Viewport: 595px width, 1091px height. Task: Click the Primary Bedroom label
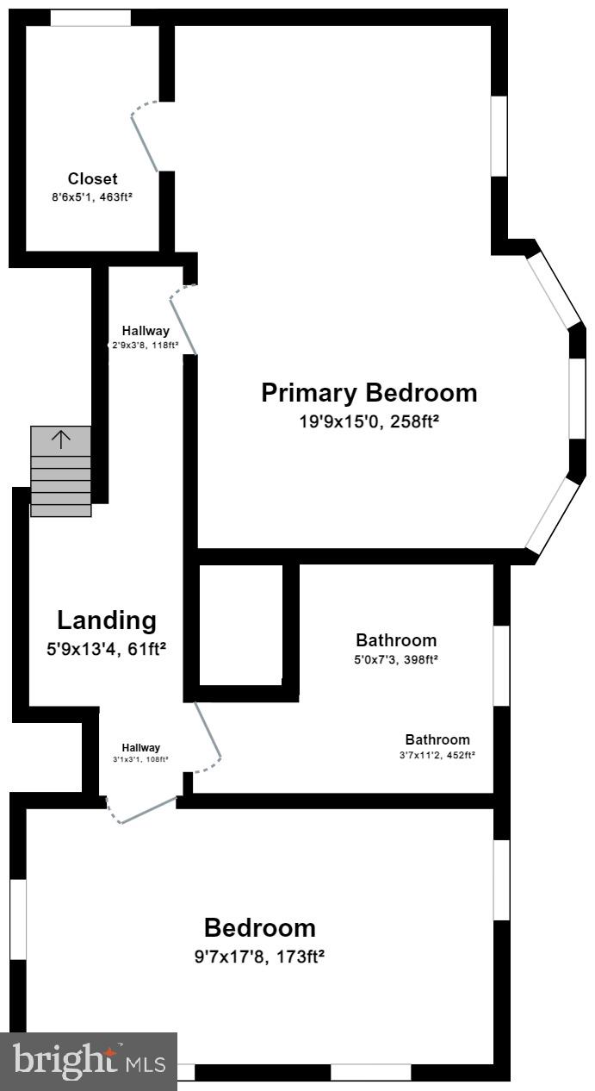tap(369, 393)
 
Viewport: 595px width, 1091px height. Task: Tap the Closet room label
tap(93, 179)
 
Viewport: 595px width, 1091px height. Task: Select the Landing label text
tap(107, 620)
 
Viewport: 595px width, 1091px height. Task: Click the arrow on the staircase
tap(61, 440)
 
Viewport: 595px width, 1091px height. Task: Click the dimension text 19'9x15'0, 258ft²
tap(369, 421)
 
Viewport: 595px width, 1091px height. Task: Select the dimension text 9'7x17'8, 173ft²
tap(259, 956)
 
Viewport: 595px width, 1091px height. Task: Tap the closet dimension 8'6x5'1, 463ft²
tap(92, 197)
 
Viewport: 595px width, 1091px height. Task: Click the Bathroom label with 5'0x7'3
tap(396, 640)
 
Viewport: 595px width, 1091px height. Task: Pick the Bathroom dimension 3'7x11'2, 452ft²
tap(437, 755)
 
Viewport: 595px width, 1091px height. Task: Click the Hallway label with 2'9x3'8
tap(146, 330)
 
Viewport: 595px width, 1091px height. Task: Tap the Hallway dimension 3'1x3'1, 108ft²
tap(140, 759)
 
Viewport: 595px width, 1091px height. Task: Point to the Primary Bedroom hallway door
tap(183, 319)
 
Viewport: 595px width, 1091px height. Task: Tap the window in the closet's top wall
tap(90, 17)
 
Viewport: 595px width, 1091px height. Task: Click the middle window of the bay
tap(577, 397)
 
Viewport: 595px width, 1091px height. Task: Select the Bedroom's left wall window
tap(18, 919)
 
